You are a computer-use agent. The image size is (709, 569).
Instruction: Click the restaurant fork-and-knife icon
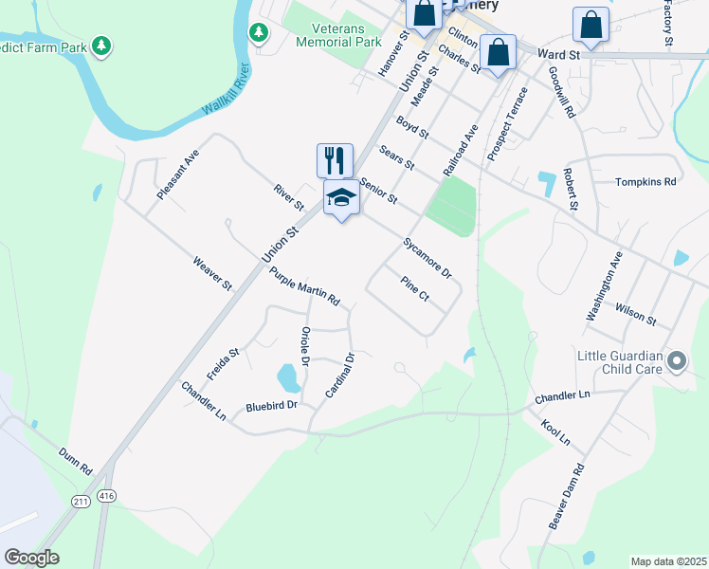(335, 160)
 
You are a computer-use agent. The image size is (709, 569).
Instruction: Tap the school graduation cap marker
(341, 198)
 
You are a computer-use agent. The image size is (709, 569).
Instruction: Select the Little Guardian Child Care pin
(677, 361)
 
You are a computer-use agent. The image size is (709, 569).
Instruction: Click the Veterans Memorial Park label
(338, 35)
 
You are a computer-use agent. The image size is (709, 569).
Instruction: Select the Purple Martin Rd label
(304, 286)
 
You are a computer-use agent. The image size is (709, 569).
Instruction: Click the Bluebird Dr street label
(271, 405)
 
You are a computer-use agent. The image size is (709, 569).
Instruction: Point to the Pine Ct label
(415, 289)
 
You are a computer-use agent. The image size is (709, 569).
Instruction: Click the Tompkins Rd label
(645, 181)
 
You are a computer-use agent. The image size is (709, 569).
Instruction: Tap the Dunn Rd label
(75, 461)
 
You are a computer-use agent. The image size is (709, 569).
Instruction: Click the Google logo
(31, 558)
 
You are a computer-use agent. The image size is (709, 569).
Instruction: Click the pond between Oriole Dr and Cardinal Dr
(289, 378)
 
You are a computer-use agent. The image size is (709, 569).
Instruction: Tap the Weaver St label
(212, 273)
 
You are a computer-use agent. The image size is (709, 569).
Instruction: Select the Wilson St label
(635, 313)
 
